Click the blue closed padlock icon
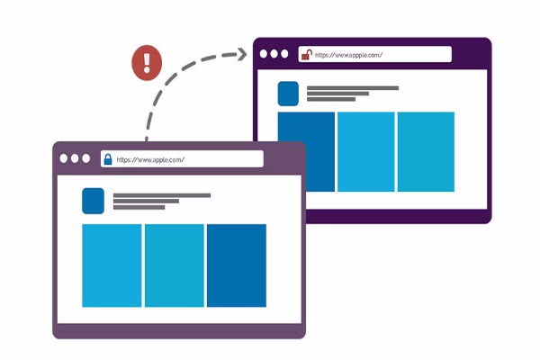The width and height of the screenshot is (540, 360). tap(108, 159)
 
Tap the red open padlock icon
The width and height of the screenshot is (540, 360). tap(305, 54)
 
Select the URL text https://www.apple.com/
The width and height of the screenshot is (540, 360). tap(150, 159)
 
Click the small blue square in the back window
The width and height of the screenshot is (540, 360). tap(288, 94)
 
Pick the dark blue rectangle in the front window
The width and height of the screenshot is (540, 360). tap(236, 265)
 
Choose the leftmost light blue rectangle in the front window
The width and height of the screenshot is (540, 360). tap(112, 265)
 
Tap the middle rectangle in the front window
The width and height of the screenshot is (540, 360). tap(174, 265)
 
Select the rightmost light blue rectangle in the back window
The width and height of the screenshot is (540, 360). tap(426, 151)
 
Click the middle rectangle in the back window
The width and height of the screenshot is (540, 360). tap(366, 151)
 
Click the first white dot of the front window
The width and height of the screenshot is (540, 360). tap(64, 158)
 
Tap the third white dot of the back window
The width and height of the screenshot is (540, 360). tap(287, 54)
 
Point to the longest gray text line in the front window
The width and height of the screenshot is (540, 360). tap(162, 195)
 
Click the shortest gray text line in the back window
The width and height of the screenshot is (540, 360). tap(331, 100)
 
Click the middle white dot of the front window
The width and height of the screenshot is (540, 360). tap(76, 158)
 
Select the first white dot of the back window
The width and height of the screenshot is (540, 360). tap(264, 54)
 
